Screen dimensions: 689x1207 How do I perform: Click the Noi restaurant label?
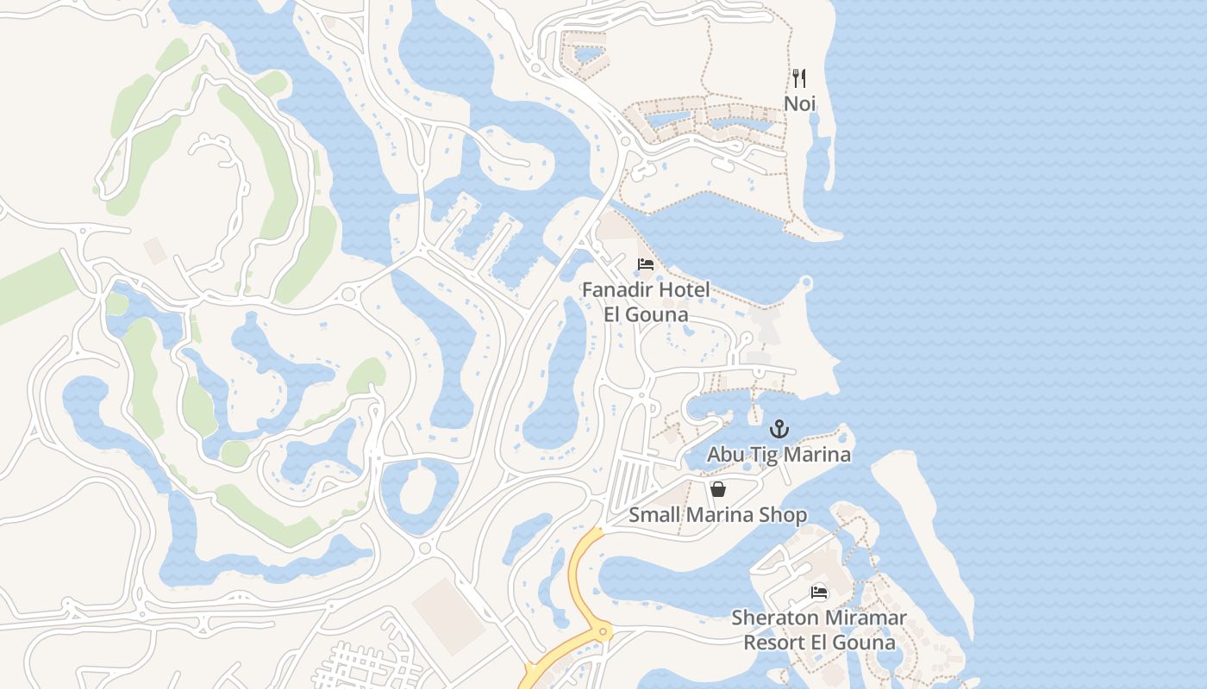point(799,103)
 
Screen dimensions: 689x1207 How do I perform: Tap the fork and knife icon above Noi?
point(799,78)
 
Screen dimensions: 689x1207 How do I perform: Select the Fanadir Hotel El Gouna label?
point(646,301)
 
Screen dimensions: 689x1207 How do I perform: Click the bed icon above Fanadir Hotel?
point(646,264)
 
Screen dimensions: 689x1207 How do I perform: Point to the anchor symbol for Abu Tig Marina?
point(779,429)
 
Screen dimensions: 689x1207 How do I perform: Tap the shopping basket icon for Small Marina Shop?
point(718,489)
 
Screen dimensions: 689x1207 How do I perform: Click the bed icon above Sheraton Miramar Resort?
point(819,593)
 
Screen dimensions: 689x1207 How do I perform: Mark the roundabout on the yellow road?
point(602,632)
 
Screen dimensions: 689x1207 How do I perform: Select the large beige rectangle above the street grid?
point(448,615)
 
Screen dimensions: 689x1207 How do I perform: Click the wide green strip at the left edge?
point(34,289)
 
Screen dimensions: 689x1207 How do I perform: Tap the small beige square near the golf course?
point(155,251)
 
